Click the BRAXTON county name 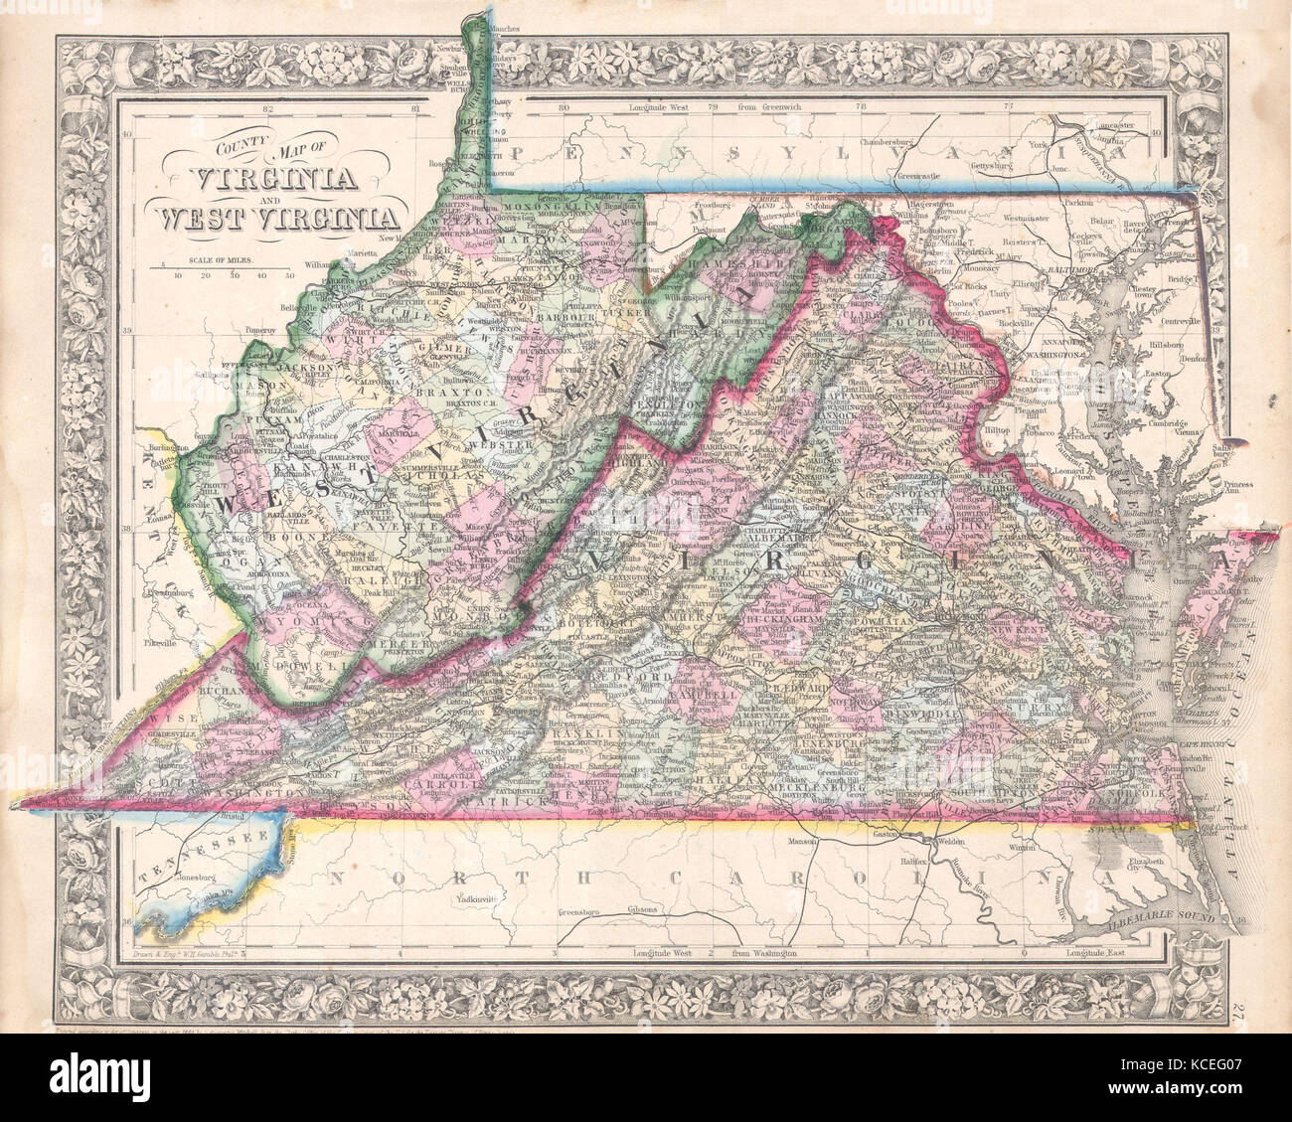442,391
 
